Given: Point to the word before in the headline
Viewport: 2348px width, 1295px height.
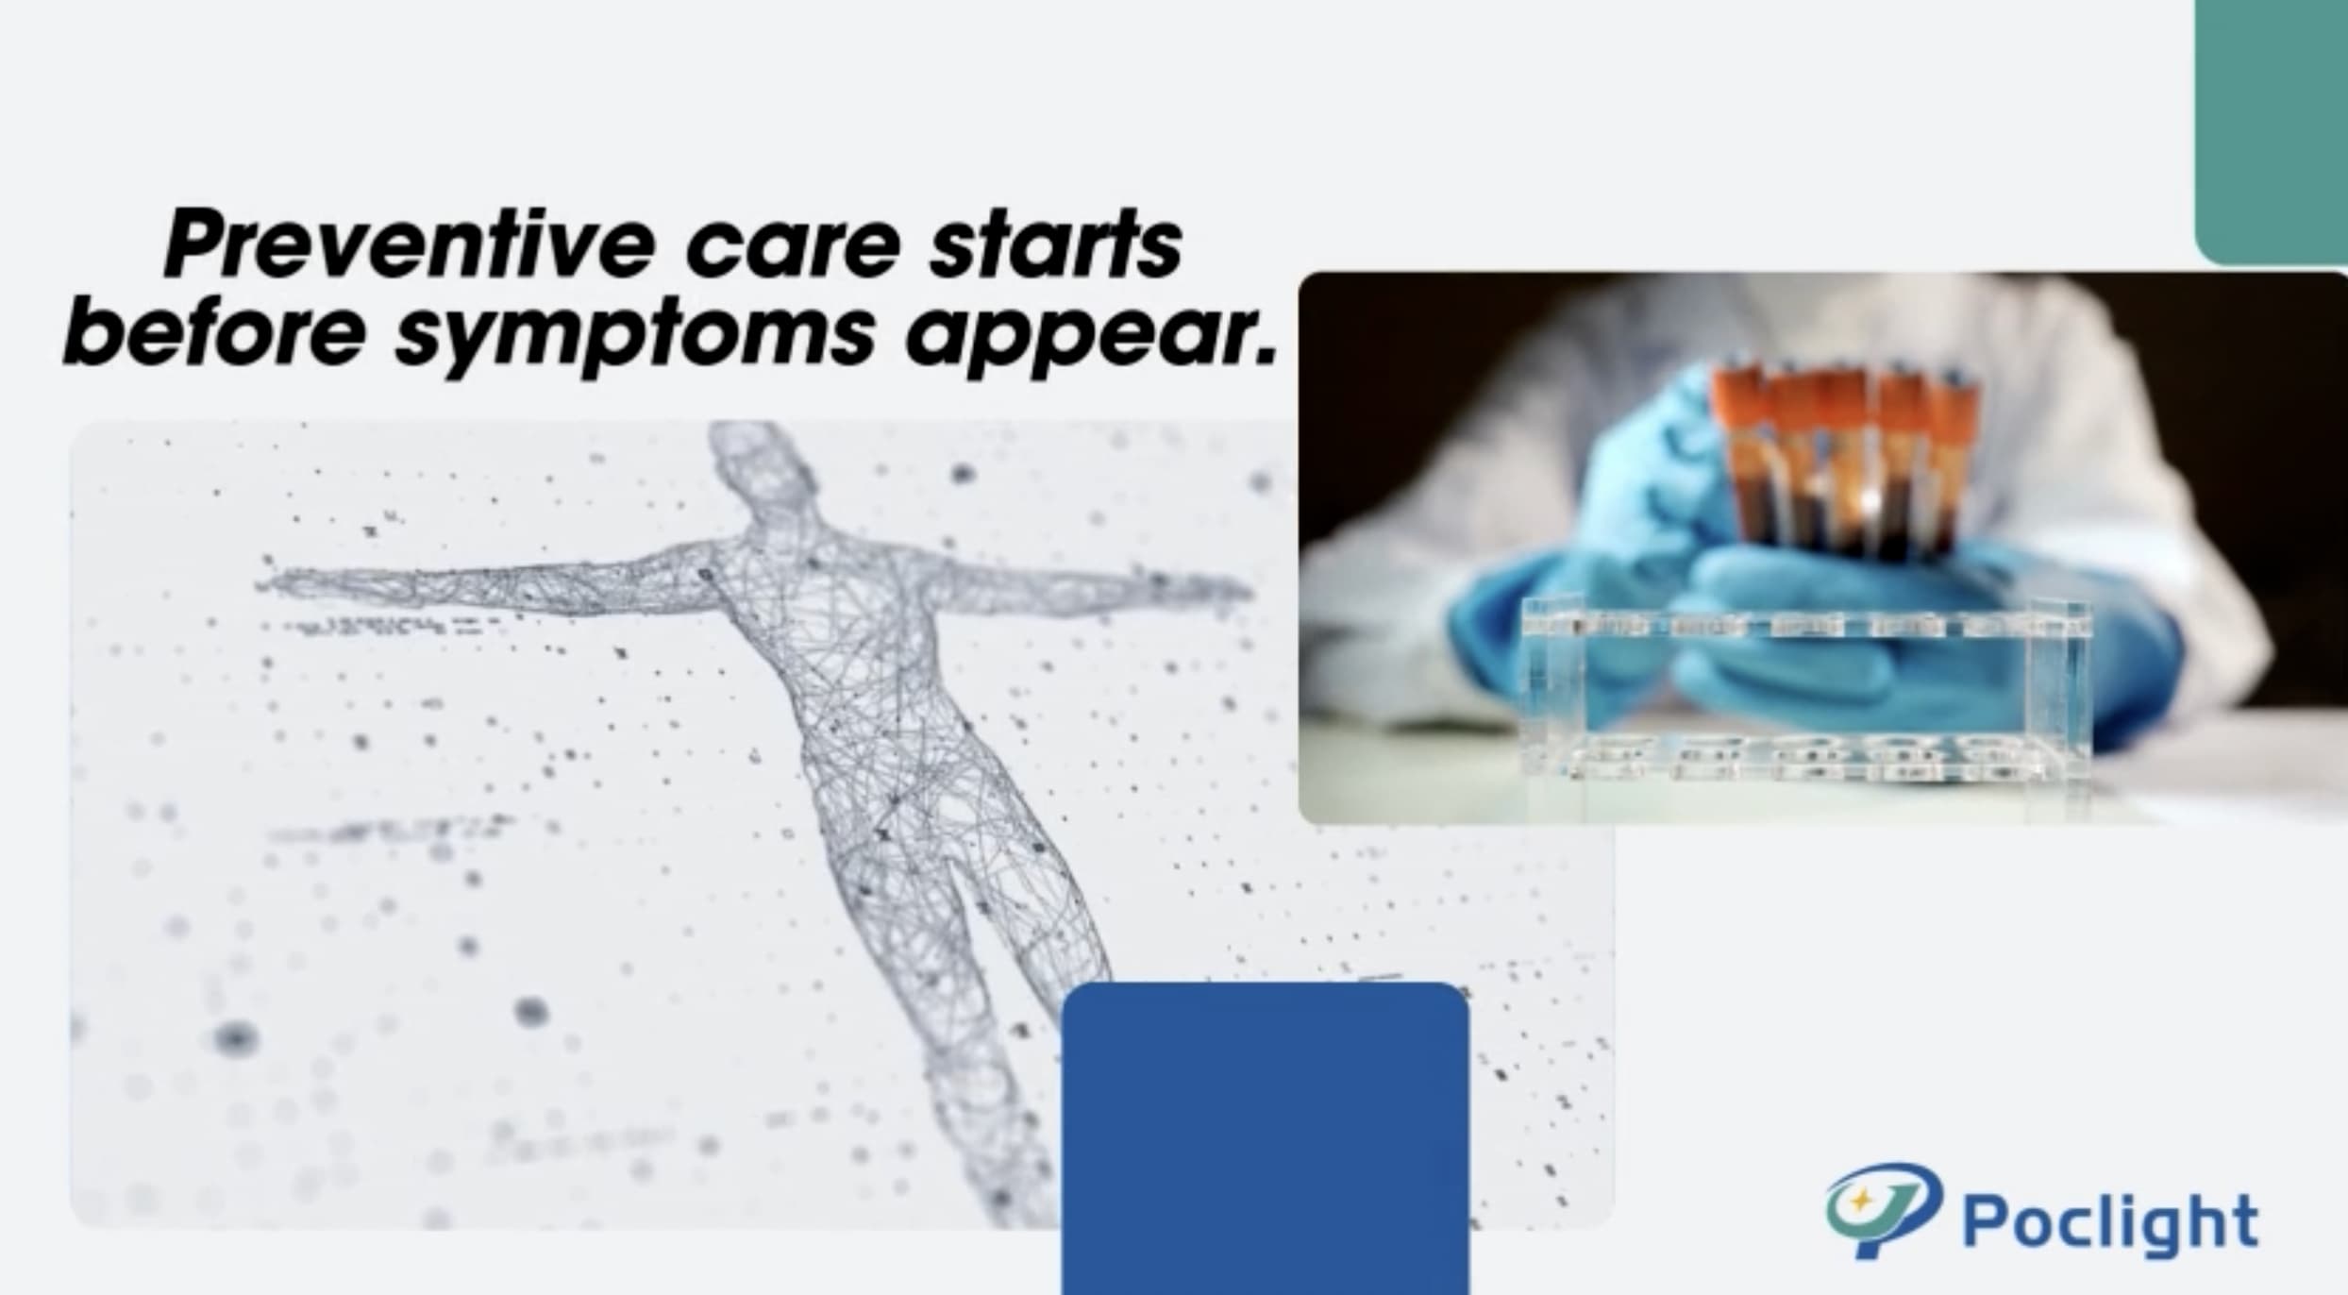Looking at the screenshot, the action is point(213,331).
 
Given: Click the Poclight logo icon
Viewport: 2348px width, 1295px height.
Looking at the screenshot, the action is point(1882,1209).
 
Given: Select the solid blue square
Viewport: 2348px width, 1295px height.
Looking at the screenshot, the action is point(1265,1138).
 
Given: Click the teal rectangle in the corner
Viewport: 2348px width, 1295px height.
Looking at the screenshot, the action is point(2272,132).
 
